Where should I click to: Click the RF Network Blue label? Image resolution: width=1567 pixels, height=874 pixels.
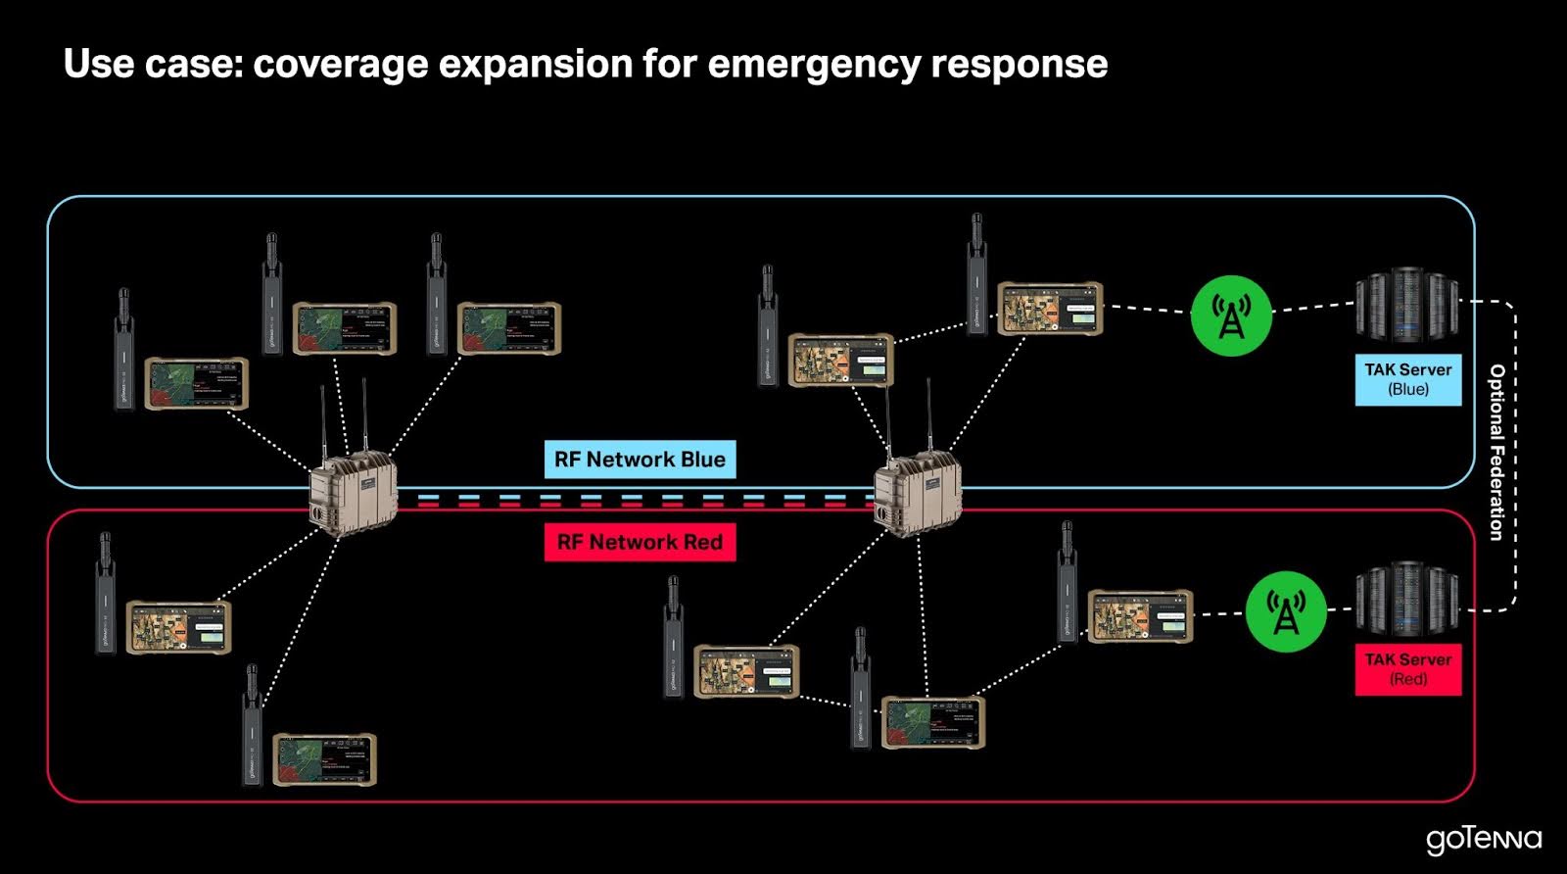pyautogui.click(x=640, y=460)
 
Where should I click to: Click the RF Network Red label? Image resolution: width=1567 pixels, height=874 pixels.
pyautogui.click(x=640, y=542)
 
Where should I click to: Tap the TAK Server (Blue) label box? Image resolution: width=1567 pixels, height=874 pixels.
pyautogui.click(x=1407, y=379)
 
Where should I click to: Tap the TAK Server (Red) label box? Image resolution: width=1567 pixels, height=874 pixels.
pyautogui.click(x=1407, y=669)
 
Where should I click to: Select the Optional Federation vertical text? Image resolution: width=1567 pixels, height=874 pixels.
pyautogui.click(x=1496, y=452)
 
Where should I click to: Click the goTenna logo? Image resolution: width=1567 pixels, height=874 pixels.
pyautogui.click(x=1483, y=840)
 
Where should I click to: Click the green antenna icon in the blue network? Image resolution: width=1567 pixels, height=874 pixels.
pyautogui.click(x=1231, y=316)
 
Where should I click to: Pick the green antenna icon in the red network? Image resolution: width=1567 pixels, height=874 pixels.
pyautogui.click(x=1285, y=611)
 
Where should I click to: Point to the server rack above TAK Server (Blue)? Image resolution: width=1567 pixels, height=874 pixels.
pyautogui.click(x=1406, y=306)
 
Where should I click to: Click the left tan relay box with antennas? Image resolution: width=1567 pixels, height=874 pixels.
pyautogui.click(x=354, y=495)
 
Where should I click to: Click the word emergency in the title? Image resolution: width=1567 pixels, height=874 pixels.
pyautogui.click(x=814, y=64)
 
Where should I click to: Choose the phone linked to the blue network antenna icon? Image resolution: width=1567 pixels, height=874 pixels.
pyautogui.click(x=1050, y=309)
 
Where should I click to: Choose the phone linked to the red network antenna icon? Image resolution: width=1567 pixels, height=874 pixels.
pyautogui.click(x=1140, y=616)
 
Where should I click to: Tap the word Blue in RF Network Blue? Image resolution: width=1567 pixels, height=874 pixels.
pyautogui.click(x=702, y=460)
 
